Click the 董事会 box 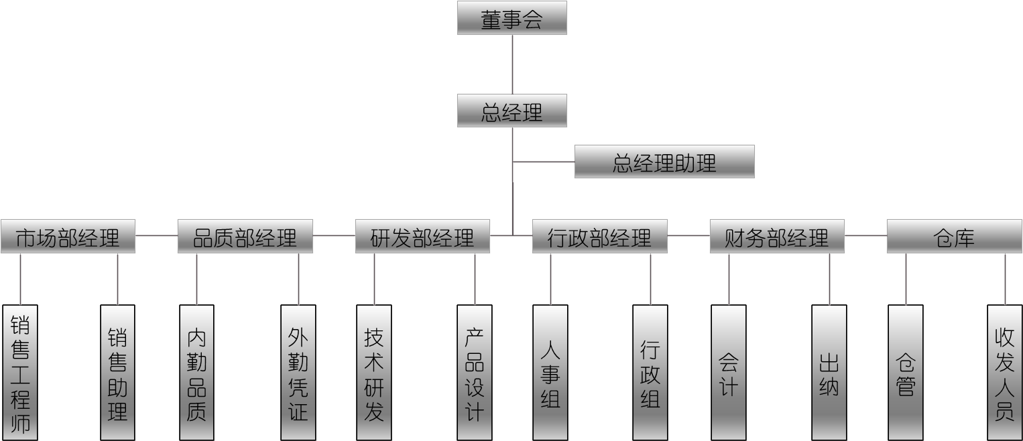(511, 18)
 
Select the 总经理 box (511, 111)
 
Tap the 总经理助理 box (664, 162)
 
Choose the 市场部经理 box (68, 236)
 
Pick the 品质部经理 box (245, 236)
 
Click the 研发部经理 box (422, 236)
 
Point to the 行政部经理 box (599, 236)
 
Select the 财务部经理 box (777, 236)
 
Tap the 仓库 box (954, 236)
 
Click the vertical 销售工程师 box (20, 373)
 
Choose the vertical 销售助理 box (117, 373)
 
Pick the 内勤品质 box (196, 373)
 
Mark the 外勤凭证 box (298, 373)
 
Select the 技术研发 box (374, 373)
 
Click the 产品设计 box (474, 373)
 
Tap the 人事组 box (550, 373)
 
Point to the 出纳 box (829, 373)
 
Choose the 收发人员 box (1004, 373)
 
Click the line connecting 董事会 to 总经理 (512, 64)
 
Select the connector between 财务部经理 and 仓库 (865, 236)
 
